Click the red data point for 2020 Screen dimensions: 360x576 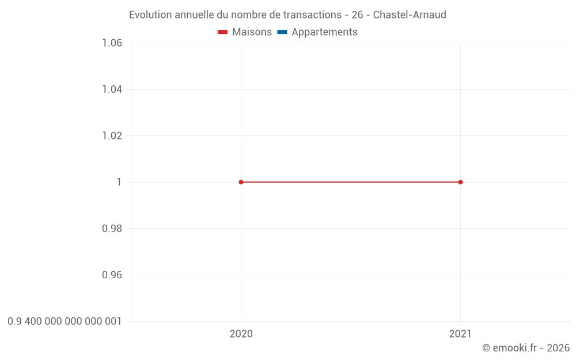click(x=241, y=182)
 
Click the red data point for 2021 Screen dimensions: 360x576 click(x=460, y=182)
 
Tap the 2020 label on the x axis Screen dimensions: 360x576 click(x=241, y=334)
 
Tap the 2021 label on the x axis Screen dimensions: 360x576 click(x=460, y=334)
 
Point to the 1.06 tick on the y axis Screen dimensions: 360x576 click(x=112, y=43)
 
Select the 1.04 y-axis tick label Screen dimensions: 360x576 click(x=112, y=89)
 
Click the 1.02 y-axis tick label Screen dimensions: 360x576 click(x=112, y=136)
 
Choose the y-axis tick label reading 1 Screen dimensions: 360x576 click(x=119, y=182)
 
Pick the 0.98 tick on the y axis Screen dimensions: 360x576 click(x=112, y=229)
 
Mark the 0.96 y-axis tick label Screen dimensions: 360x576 click(x=112, y=275)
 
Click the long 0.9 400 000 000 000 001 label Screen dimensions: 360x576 click(x=65, y=321)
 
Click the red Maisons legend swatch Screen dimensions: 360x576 click(x=223, y=32)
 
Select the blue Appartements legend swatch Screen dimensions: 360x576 click(x=282, y=32)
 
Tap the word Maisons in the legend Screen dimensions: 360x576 click(x=252, y=32)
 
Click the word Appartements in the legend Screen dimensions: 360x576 click(x=324, y=32)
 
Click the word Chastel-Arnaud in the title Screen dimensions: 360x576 click(x=410, y=15)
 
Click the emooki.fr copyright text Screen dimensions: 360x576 click(x=526, y=348)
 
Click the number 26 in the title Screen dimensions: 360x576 click(x=357, y=15)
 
